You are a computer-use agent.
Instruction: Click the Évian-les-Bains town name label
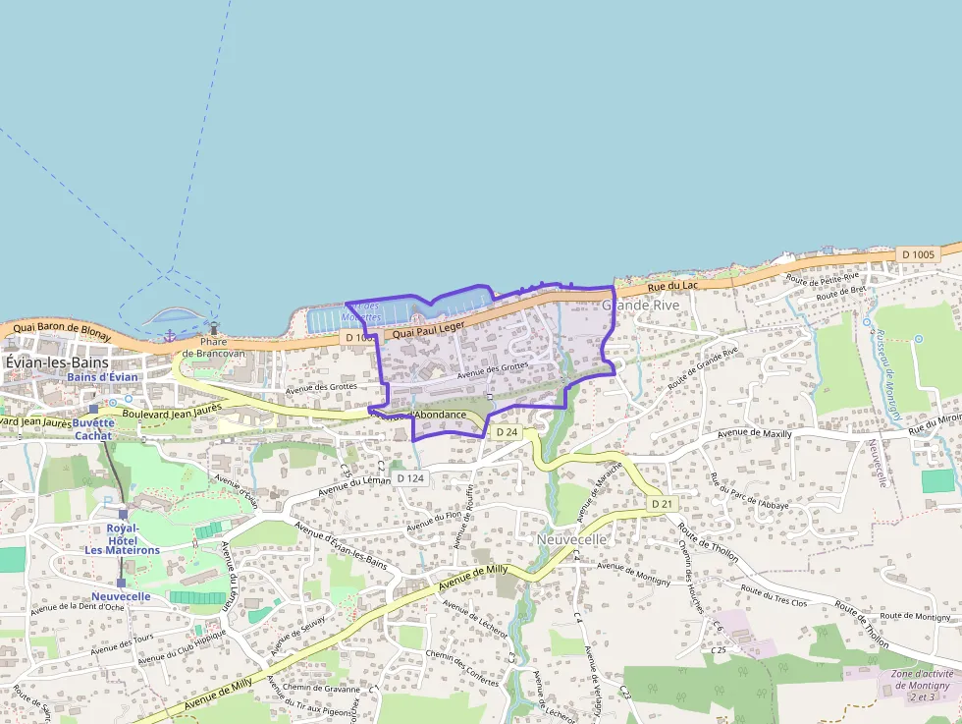(57, 362)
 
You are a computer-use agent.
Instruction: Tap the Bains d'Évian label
(103, 377)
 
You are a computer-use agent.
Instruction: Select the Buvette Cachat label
(94, 429)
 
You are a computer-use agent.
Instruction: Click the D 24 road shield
(507, 432)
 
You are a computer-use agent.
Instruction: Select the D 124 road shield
(410, 478)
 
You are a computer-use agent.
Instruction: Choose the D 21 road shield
(663, 504)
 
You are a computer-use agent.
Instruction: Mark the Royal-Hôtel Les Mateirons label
(121, 539)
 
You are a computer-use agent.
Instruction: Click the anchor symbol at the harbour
(169, 336)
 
